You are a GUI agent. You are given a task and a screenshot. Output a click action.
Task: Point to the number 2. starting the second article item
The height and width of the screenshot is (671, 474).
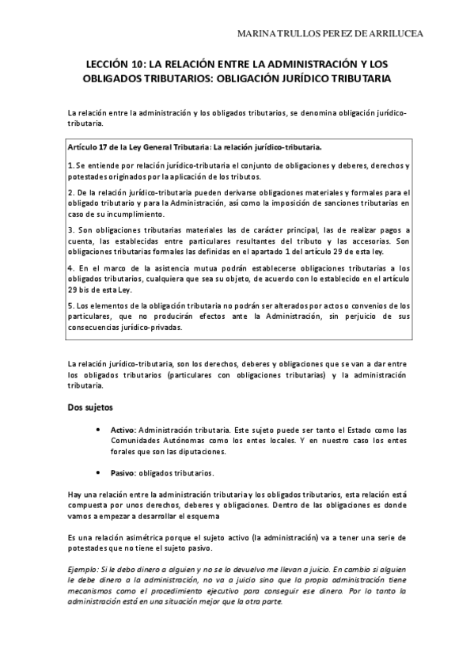click(x=70, y=193)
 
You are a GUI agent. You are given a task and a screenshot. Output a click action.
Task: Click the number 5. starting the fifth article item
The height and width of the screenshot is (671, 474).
click(x=70, y=305)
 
